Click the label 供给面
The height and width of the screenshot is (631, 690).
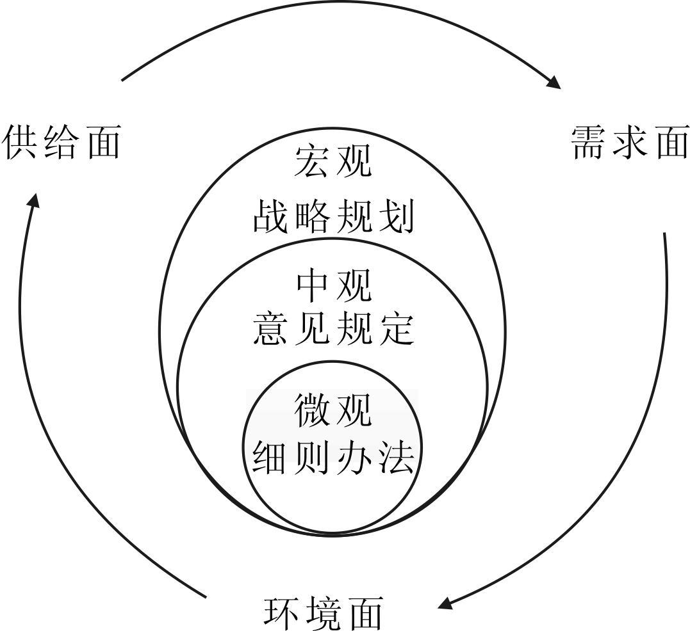tap(62, 141)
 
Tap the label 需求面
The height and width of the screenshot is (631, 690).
tap(629, 141)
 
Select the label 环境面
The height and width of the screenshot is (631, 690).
tap(324, 612)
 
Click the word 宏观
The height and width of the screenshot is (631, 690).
tap(333, 161)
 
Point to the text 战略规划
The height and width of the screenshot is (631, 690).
tap(333, 216)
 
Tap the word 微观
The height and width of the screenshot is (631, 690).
tap(333, 410)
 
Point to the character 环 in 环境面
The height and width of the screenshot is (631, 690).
tap(282, 612)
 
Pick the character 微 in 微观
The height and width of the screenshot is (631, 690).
tap(313, 410)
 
